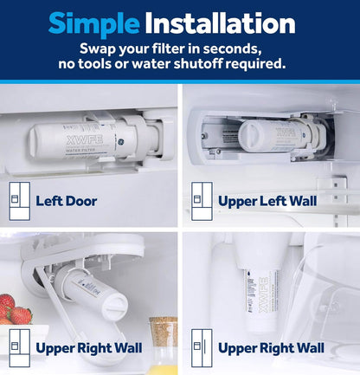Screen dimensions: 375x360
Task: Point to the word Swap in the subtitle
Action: click(100, 48)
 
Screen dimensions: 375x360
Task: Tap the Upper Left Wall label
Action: click(267, 201)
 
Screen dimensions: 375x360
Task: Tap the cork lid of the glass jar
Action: click(163, 323)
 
